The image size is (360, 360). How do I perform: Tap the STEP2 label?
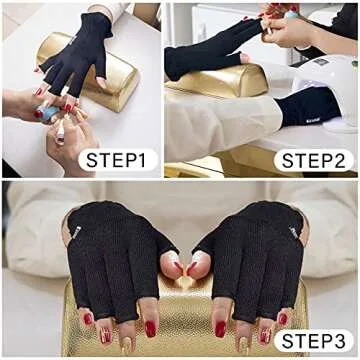[312, 160]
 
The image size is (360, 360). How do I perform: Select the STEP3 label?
[312, 342]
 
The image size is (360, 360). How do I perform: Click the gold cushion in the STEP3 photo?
[180, 320]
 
